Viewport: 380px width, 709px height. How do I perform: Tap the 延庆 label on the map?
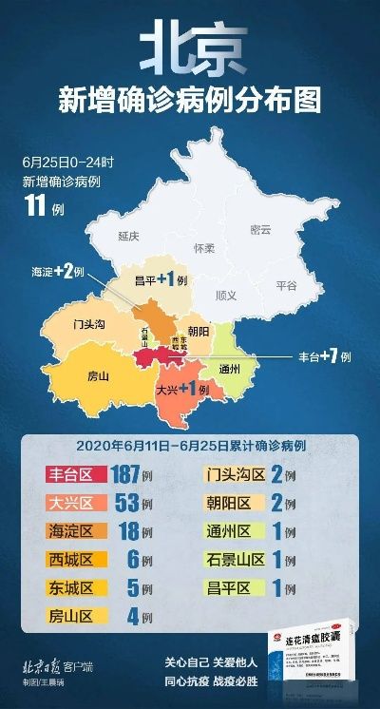pyautogui.click(x=128, y=235)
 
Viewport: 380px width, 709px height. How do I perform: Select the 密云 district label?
pyautogui.click(x=260, y=229)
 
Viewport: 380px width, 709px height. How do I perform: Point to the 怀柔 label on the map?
pyautogui.click(x=204, y=248)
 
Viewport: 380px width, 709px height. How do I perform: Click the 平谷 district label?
pyautogui.click(x=286, y=285)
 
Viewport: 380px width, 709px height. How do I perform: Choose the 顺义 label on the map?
pyautogui.click(x=226, y=296)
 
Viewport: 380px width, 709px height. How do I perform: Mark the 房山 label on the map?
pyautogui.click(x=98, y=376)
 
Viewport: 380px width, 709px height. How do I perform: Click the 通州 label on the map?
pyautogui.click(x=230, y=369)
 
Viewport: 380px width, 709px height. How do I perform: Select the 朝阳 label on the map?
pyautogui.click(x=199, y=331)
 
